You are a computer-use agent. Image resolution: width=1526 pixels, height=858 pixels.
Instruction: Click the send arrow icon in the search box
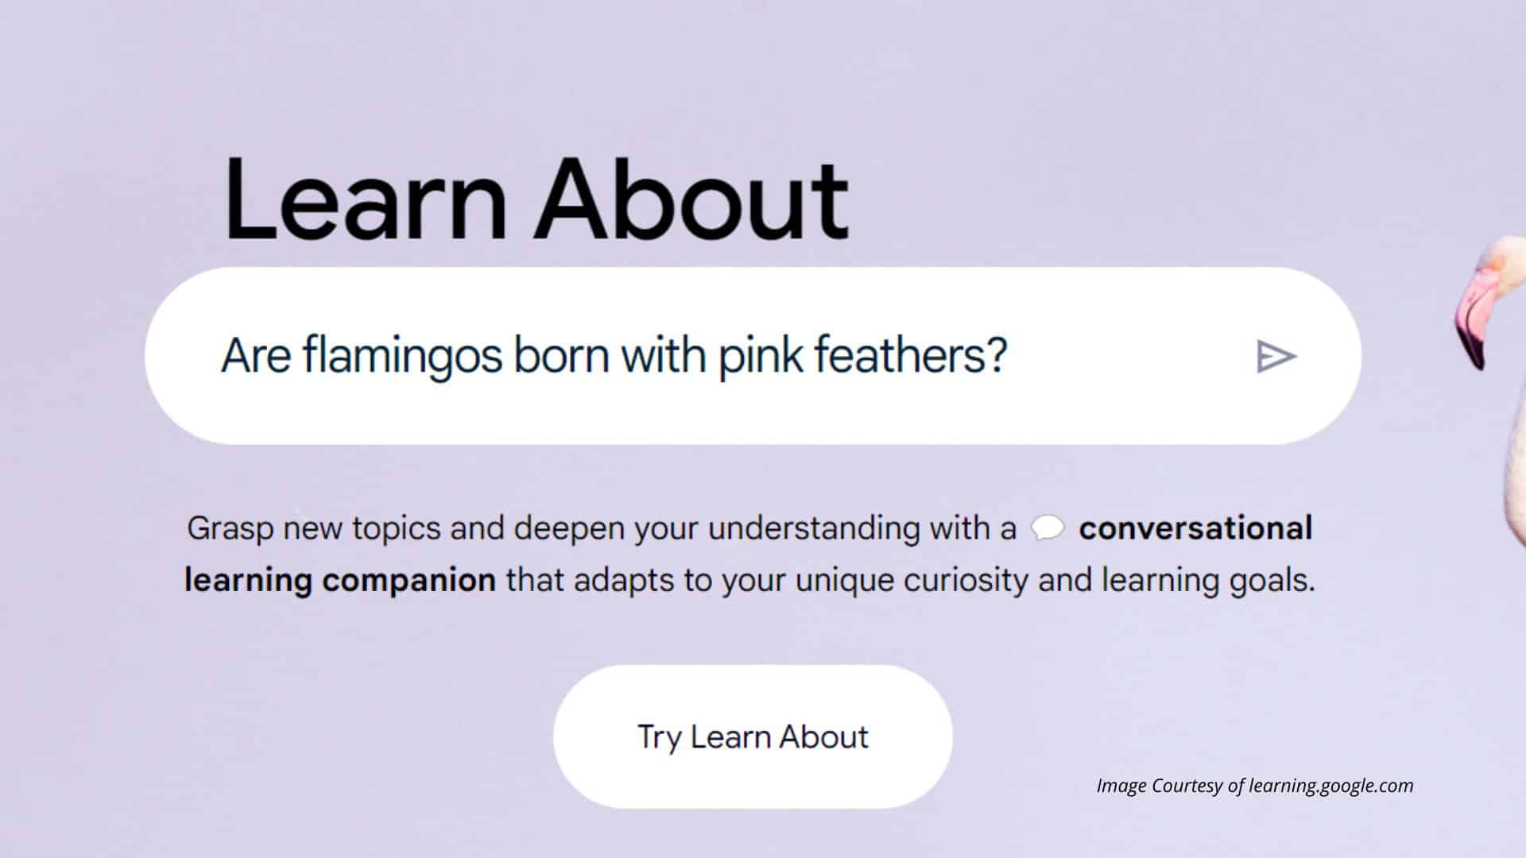pos(1276,356)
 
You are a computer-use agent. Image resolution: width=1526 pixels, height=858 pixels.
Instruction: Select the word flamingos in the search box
pos(402,357)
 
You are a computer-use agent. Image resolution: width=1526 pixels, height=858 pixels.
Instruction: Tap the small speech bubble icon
pos(1048,528)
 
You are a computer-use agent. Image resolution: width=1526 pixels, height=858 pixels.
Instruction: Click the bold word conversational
pos(1195,528)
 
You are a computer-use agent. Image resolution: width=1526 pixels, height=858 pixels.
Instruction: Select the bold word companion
pos(409,581)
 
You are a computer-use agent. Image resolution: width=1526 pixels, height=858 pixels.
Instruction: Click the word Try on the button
pos(660,738)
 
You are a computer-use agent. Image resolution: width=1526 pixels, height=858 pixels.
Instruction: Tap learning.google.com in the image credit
pos(1331,786)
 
